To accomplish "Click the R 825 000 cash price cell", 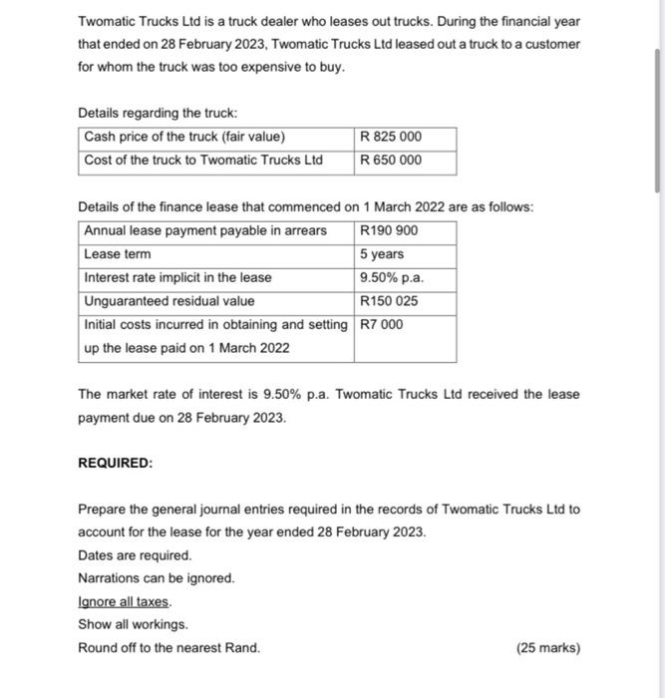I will [391, 137].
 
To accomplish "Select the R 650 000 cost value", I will [391, 160].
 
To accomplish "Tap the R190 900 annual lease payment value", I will [389, 230].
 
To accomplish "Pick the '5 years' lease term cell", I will [381, 254].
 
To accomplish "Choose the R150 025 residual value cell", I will [389, 301].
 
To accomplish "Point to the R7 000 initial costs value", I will [382, 324].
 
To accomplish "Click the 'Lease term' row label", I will [118, 254].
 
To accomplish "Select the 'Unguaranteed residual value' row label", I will [169, 301].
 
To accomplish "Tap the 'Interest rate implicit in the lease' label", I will [177, 277].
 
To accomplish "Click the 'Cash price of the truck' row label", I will [184, 137].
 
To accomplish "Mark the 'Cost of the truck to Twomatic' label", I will [203, 160].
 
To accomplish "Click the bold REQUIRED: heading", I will [116, 464].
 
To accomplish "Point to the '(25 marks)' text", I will [547, 648].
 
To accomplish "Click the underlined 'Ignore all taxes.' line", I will [125, 601].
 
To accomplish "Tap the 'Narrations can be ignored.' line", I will [157, 578].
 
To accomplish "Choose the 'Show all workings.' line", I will [133, 624].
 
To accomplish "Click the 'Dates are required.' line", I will [135, 555].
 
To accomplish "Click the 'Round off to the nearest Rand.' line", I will [168, 648].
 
